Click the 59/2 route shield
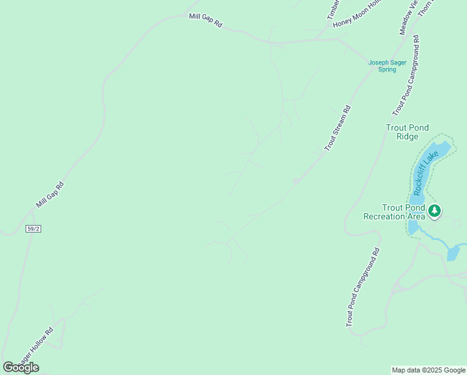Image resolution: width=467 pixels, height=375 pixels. tap(34, 229)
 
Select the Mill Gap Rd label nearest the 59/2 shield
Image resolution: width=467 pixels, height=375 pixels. tap(50, 194)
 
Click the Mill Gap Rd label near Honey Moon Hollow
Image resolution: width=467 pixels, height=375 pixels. tap(205, 20)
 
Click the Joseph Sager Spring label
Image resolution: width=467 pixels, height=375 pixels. tap(387, 66)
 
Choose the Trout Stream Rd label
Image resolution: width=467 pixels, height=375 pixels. tap(338, 127)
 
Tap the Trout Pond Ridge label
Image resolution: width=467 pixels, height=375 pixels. tap(407, 132)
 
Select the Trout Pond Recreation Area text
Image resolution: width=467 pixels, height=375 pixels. tap(395, 212)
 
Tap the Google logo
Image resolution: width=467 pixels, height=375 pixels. tap(21, 367)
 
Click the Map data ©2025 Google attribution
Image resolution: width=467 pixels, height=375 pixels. tap(428, 370)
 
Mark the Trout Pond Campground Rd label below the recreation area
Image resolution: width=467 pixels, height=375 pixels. tap(363, 287)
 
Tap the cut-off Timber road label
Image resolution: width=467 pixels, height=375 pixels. tap(333, 9)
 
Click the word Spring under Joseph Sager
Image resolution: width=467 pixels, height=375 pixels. tap(387, 69)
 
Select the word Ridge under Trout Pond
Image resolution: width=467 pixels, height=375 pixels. tap(407, 136)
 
